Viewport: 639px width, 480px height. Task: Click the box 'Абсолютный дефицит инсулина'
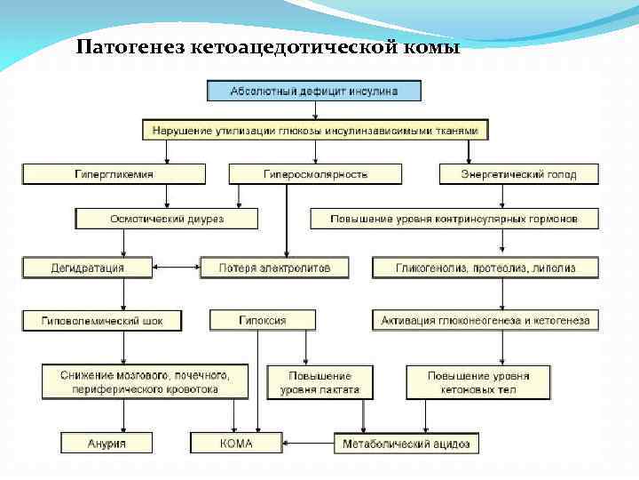(314, 91)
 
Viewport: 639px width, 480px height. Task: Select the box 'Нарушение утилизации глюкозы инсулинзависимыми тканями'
(315, 131)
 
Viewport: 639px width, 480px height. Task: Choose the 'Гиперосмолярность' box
(315, 174)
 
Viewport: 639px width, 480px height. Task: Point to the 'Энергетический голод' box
(518, 174)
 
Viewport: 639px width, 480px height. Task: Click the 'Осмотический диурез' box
(167, 219)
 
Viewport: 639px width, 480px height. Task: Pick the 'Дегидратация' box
(87, 267)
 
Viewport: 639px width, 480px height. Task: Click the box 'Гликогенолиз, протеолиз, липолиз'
(485, 267)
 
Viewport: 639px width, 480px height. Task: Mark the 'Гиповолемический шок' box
(102, 320)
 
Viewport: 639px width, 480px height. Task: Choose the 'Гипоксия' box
(262, 320)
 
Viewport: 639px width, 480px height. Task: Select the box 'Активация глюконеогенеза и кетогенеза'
(485, 320)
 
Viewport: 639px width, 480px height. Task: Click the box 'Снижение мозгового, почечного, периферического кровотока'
(145, 382)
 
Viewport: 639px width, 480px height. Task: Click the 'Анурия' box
(106, 443)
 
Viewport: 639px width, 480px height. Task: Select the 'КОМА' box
(235, 443)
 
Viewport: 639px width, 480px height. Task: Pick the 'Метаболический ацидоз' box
(406, 443)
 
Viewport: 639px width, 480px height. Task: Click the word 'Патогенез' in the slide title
(129, 46)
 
